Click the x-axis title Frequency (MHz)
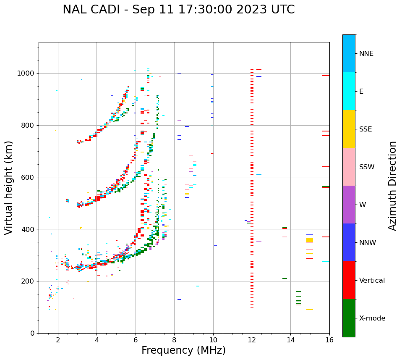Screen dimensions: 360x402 183,350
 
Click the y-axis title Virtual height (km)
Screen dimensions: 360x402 9,188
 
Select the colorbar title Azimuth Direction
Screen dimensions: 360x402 392,186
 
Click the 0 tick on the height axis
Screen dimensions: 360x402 33,333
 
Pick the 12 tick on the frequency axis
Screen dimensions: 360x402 252,340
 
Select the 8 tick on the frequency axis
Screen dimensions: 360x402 174,340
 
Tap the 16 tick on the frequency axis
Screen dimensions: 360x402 329,340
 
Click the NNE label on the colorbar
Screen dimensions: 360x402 366,54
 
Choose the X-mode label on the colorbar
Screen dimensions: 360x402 372,318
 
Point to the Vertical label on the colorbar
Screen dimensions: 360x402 372,281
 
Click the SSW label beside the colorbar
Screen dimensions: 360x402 367,167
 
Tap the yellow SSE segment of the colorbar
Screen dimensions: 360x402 349,129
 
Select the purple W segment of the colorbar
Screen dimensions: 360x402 349,205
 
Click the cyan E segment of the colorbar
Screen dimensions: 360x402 349,91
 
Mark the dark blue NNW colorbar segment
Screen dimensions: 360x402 349,242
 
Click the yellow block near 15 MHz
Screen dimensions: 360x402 310,240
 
